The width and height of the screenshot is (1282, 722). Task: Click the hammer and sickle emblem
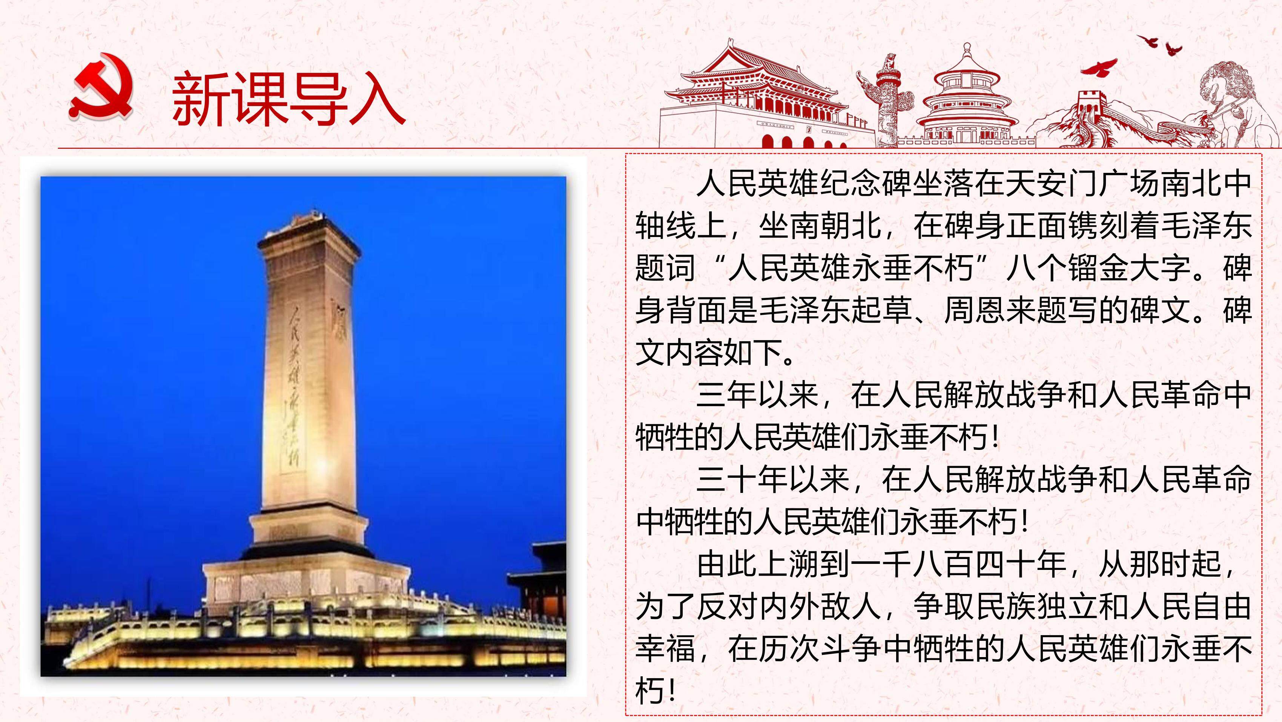coord(101,87)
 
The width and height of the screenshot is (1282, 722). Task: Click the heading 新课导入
coord(289,99)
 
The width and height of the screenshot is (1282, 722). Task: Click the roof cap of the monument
coord(309,231)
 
